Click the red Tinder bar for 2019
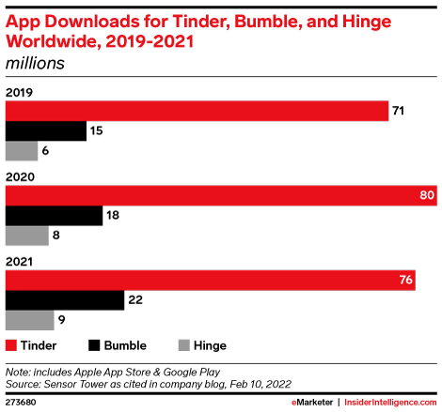tap(197, 111)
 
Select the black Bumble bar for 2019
tap(46, 131)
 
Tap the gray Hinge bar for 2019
tap(22, 151)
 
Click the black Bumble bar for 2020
tap(54, 216)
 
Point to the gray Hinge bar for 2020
tap(27, 236)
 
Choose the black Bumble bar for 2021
tap(65, 300)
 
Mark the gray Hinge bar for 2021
tap(29, 320)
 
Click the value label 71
tap(399, 111)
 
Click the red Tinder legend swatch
tap(11, 345)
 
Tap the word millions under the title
tap(35, 64)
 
